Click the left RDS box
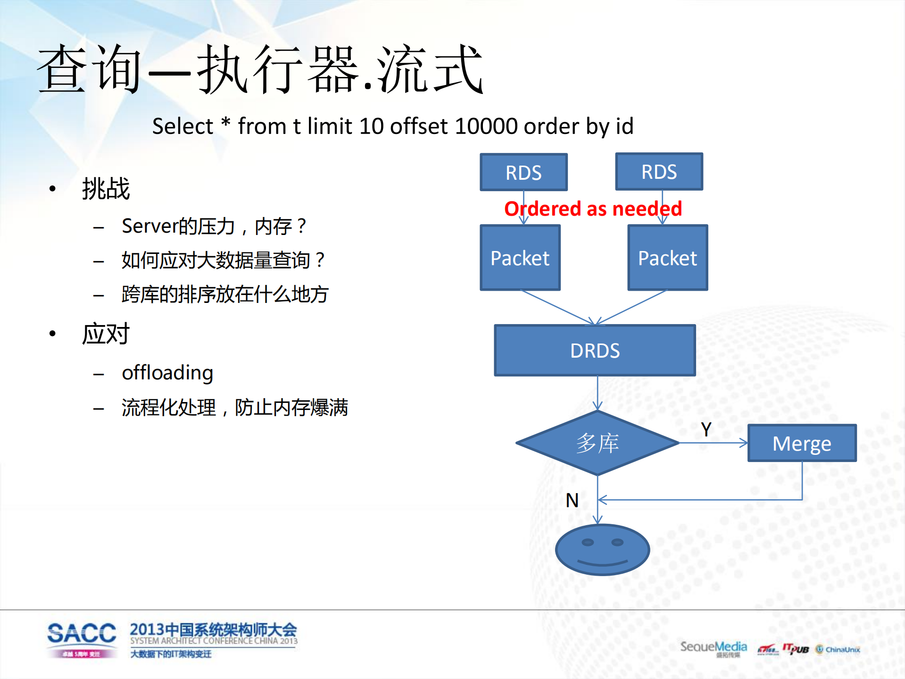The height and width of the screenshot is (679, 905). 523,172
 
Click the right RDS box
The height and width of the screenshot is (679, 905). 659,172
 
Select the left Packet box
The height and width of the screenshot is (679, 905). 520,258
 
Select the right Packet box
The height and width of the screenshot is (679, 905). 667,258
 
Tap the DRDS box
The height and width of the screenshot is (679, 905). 595,351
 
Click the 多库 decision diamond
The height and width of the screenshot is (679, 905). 597,443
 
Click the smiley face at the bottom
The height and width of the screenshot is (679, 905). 602,550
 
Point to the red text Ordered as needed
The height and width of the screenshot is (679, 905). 593,209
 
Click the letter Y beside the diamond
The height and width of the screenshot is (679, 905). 706,429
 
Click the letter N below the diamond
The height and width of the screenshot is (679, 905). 572,500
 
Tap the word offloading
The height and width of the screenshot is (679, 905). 167,373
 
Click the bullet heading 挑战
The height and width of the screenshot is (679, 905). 106,189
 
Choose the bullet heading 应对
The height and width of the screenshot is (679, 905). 106,334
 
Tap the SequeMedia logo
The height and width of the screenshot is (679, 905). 714,648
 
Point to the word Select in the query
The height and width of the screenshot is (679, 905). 183,126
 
